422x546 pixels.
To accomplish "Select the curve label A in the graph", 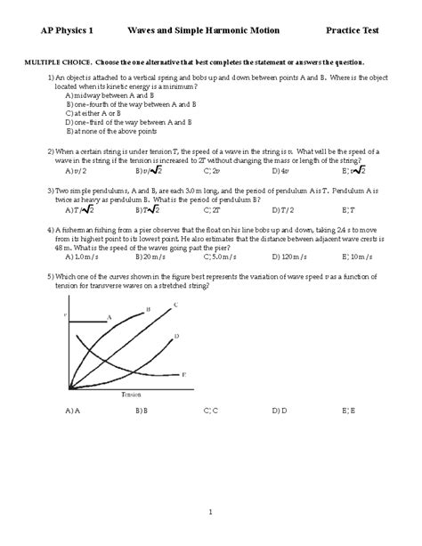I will coord(109,316).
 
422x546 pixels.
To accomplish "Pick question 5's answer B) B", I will coord(142,412).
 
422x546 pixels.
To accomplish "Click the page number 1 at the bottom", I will coord(211,512).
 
